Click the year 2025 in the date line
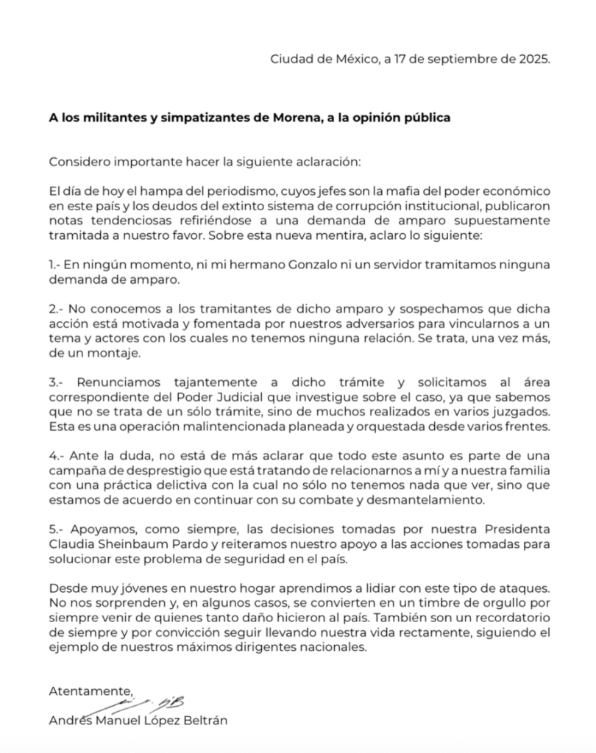[532, 60]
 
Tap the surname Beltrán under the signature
[206, 721]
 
